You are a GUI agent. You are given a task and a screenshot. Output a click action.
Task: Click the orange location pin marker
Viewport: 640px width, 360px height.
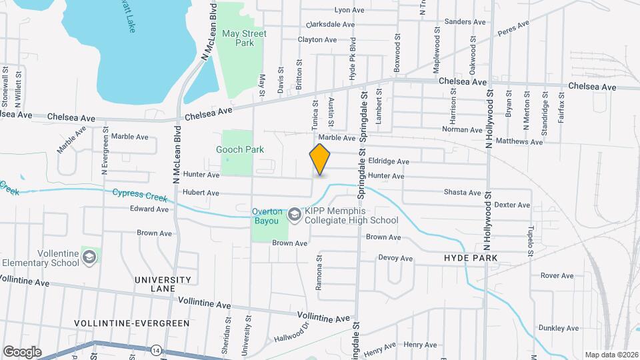[x=320, y=159]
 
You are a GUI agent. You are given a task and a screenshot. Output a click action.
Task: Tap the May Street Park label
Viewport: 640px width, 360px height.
[x=245, y=38]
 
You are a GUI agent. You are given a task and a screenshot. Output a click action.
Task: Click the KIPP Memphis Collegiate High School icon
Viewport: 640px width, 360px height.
[x=294, y=215]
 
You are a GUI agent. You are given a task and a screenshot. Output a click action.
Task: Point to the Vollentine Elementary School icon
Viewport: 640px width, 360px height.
[x=89, y=257]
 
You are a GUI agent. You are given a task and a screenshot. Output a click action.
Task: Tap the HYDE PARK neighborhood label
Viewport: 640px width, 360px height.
[x=471, y=257]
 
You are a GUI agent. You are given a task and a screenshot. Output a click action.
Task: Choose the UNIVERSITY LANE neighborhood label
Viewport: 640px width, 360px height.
[x=163, y=284]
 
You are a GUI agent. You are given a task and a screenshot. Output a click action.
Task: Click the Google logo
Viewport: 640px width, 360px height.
[x=22, y=351]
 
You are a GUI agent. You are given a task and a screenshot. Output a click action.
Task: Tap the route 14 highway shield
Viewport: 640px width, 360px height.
[x=156, y=349]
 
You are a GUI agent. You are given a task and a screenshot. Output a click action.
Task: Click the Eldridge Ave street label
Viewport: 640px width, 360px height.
[x=393, y=161]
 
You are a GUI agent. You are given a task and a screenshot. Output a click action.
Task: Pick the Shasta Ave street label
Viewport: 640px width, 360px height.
[x=462, y=193]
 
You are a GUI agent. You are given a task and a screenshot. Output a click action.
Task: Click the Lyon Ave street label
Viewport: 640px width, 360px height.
[x=349, y=10]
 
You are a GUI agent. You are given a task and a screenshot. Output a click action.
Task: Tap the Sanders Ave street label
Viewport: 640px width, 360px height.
[x=459, y=21]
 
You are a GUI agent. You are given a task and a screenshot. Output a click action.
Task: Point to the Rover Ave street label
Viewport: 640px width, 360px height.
[x=557, y=275]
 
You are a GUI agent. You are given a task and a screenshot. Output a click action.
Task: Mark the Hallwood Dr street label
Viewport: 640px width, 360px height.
[x=292, y=333]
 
